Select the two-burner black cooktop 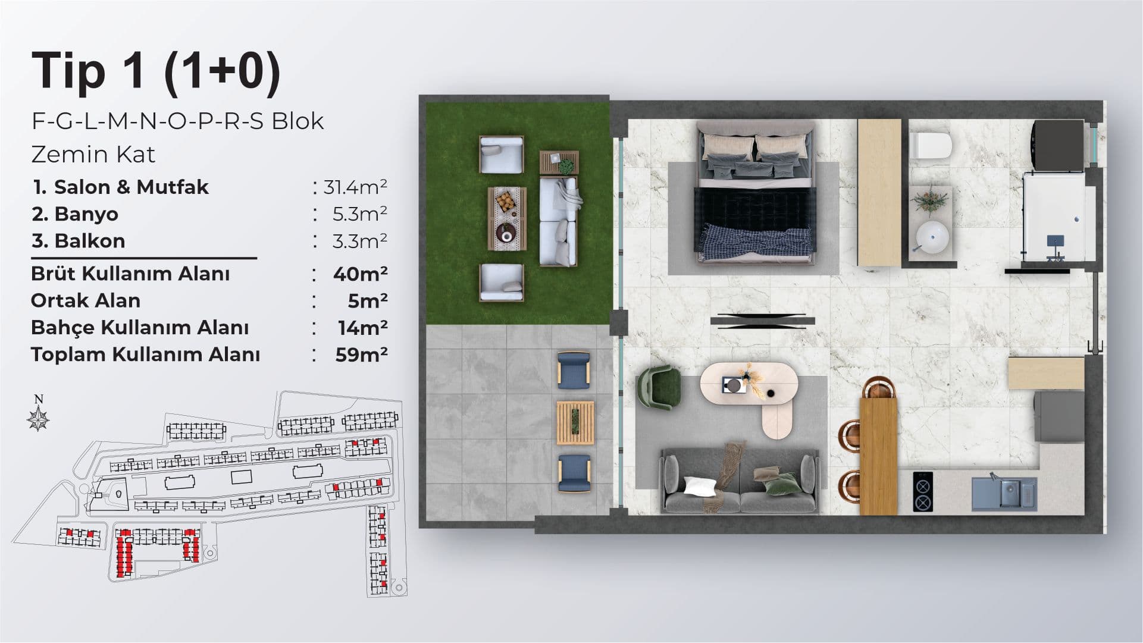[x=923, y=491]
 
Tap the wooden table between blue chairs [x=575, y=423]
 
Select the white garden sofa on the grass [x=559, y=221]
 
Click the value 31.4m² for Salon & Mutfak [x=355, y=187]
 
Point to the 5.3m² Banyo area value [x=360, y=214]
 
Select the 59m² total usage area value [x=361, y=355]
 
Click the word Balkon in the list [x=90, y=241]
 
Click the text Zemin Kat [x=93, y=155]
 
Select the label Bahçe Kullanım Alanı [x=140, y=328]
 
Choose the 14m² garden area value [x=362, y=328]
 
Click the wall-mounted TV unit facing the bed [x=763, y=321]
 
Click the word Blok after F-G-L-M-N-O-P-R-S [x=298, y=121]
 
